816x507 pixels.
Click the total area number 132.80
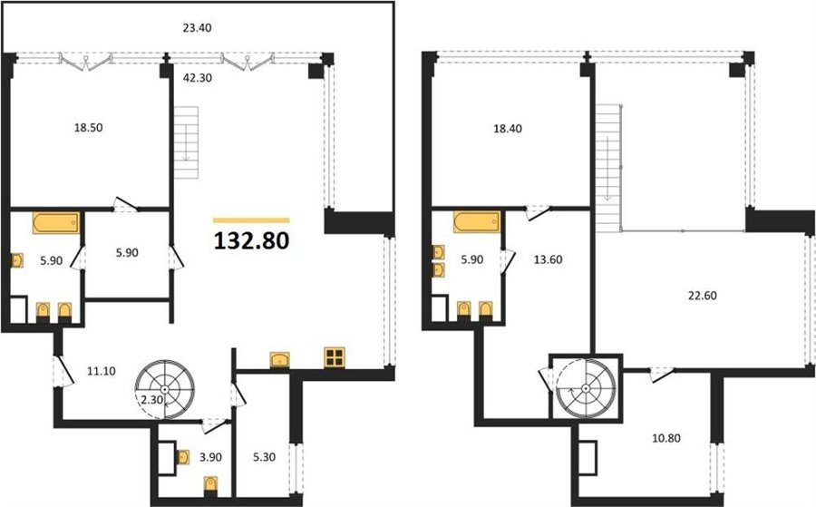coord(251,240)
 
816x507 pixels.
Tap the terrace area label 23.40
coord(197,28)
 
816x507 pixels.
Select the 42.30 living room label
coord(198,78)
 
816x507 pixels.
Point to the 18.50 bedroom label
coord(89,128)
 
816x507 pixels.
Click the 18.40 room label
coord(508,129)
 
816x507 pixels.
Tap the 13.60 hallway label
coord(548,259)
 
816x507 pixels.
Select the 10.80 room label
coord(666,438)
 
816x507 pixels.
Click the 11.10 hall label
coord(102,371)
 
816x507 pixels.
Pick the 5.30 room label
coord(264,457)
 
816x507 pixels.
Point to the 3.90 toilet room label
coord(210,457)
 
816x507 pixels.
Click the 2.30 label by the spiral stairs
coord(152,400)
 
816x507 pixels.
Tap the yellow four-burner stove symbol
coord(334,358)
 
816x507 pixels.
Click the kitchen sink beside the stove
coord(280,360)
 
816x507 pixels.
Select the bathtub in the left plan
coord(56,223)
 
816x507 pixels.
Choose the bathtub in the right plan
coord(477,222)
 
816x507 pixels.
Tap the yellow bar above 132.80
coord(251,220)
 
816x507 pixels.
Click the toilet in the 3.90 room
coord(210,484)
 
